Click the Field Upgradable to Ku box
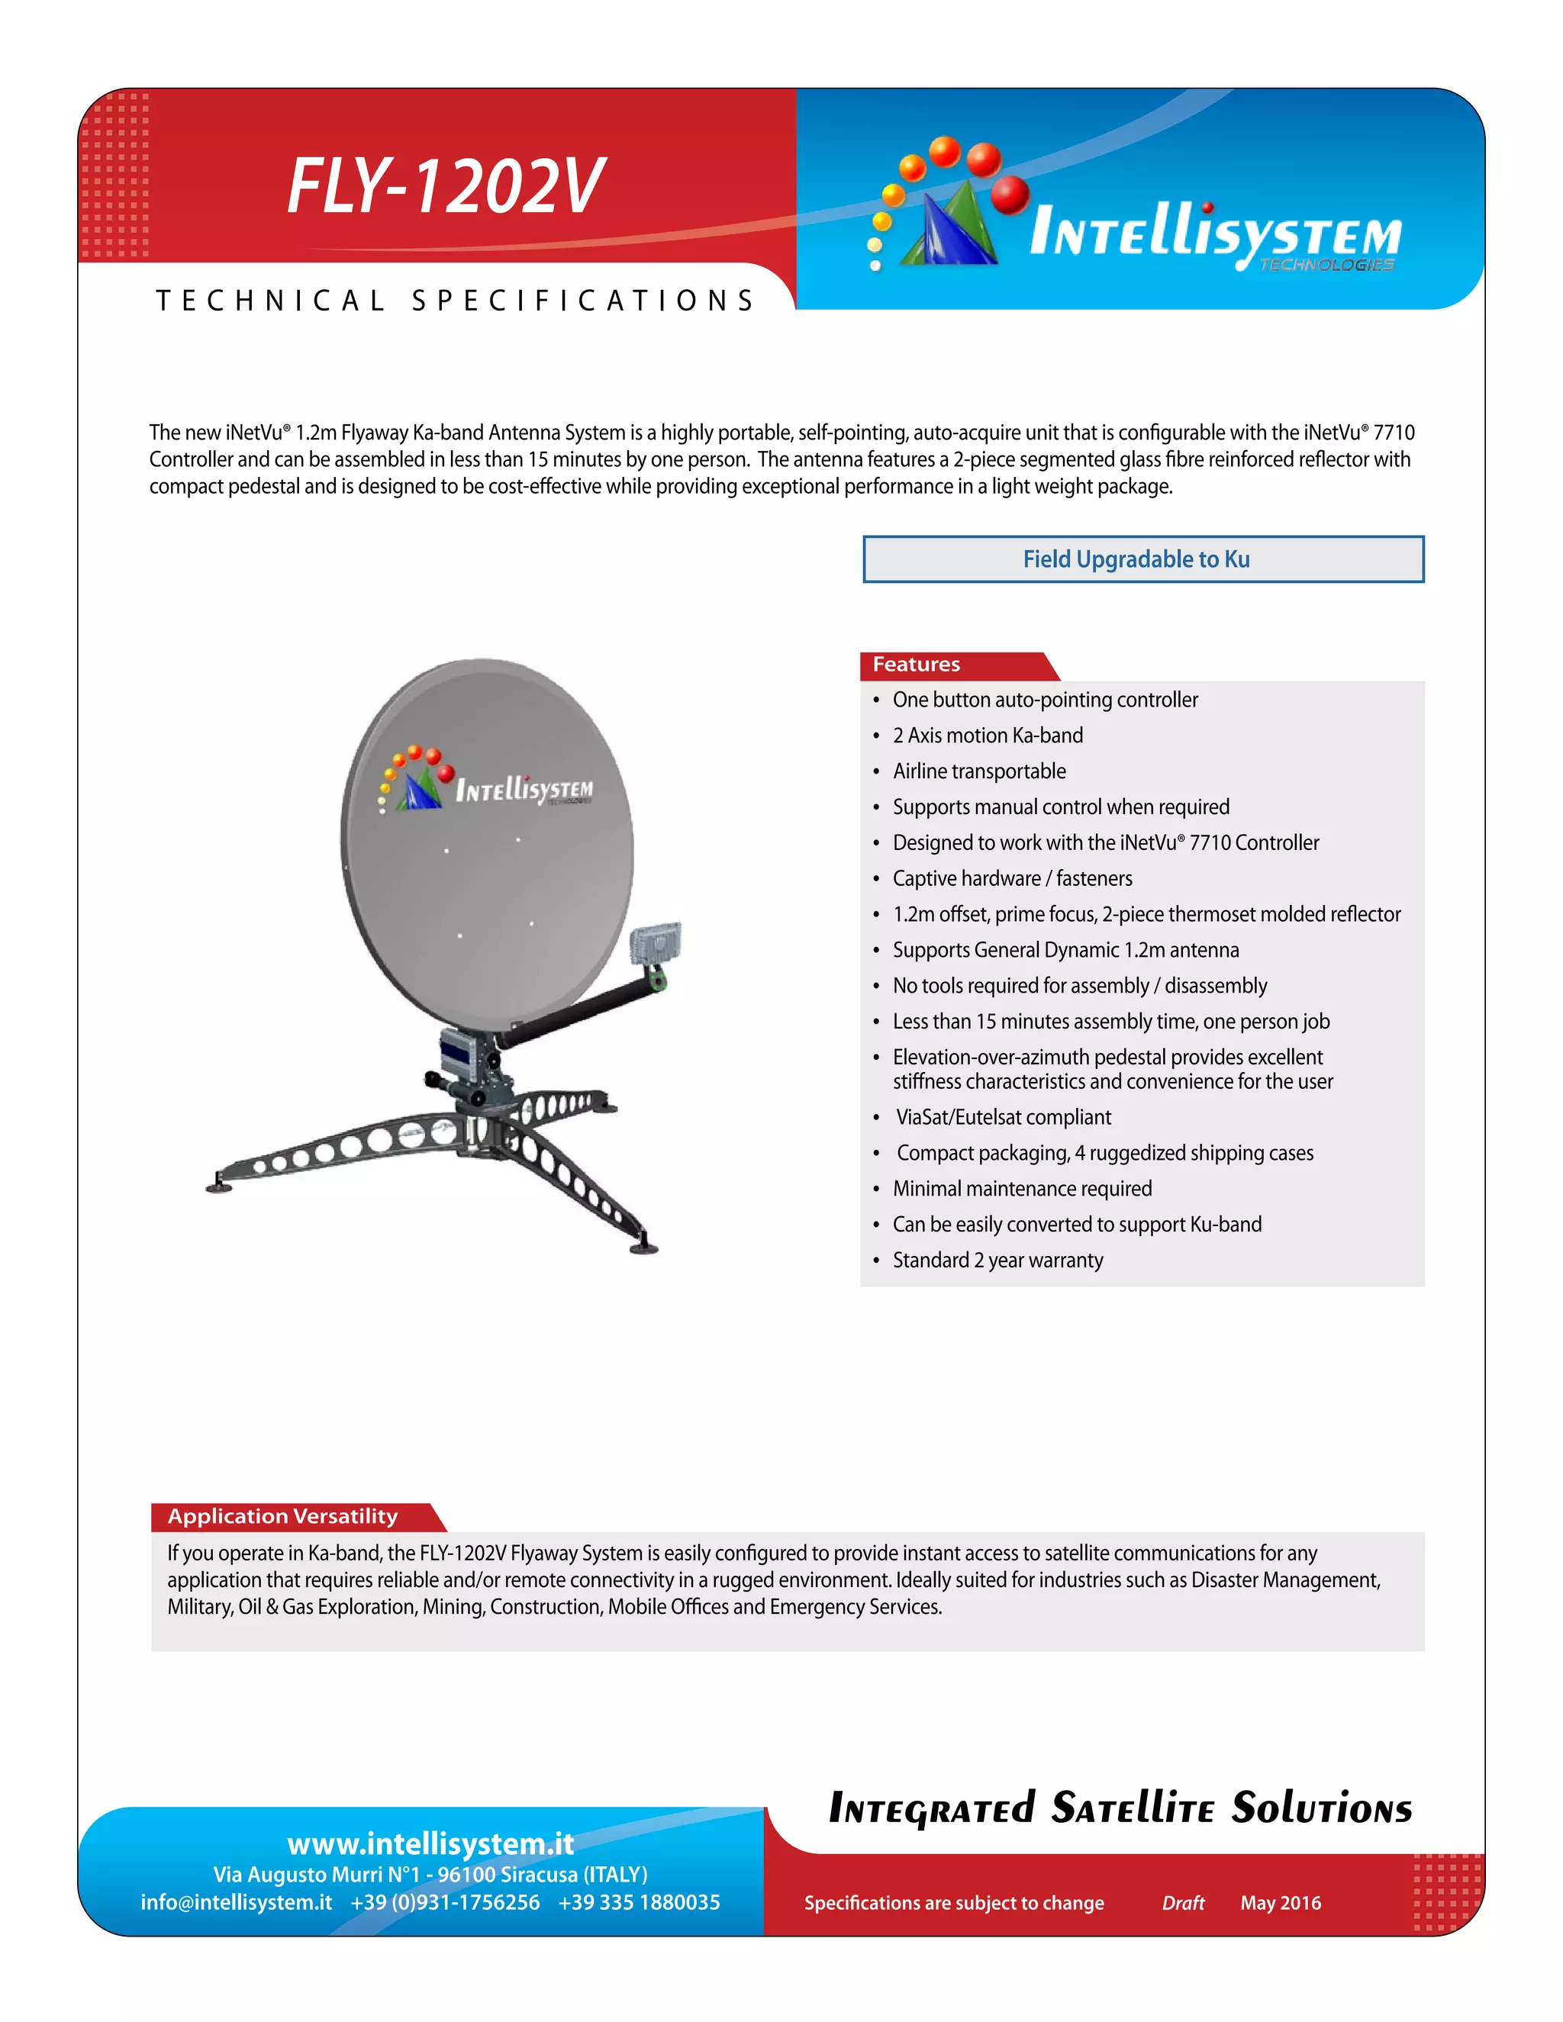point(1142,559)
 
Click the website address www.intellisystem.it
point(430,1843)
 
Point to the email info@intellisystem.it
point(236,1901)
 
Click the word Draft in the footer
point(1182,1902)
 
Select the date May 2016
point(1281,1902)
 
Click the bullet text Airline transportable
point(978,771)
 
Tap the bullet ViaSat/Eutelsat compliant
point(1003,1118)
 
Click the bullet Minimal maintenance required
point(1022,1189)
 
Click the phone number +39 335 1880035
point(639,1901)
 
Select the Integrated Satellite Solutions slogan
point(1120,1808)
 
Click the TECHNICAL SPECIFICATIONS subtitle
point(456,301)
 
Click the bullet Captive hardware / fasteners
point(1012,878)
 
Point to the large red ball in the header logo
point(1009,195)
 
